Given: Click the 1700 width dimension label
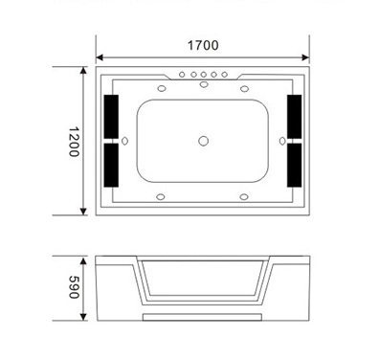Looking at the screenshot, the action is click(x=203, y=45).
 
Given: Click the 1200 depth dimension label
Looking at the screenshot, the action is click(x=74, y=142).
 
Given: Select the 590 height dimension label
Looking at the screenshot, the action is click(x=74, y=287).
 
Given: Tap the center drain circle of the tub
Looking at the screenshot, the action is click(x=204, y=141).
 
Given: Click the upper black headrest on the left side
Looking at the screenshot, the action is click(x=111, y=117).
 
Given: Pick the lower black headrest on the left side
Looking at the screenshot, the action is click(x=111, y=165).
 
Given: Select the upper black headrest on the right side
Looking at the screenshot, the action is click(x=294, y=117).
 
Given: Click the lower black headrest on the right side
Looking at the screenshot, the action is click(x=294, y=165).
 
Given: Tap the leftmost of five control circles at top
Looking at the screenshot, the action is click(x=182, y=75).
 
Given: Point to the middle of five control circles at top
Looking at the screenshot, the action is click(x=204, y=75).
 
